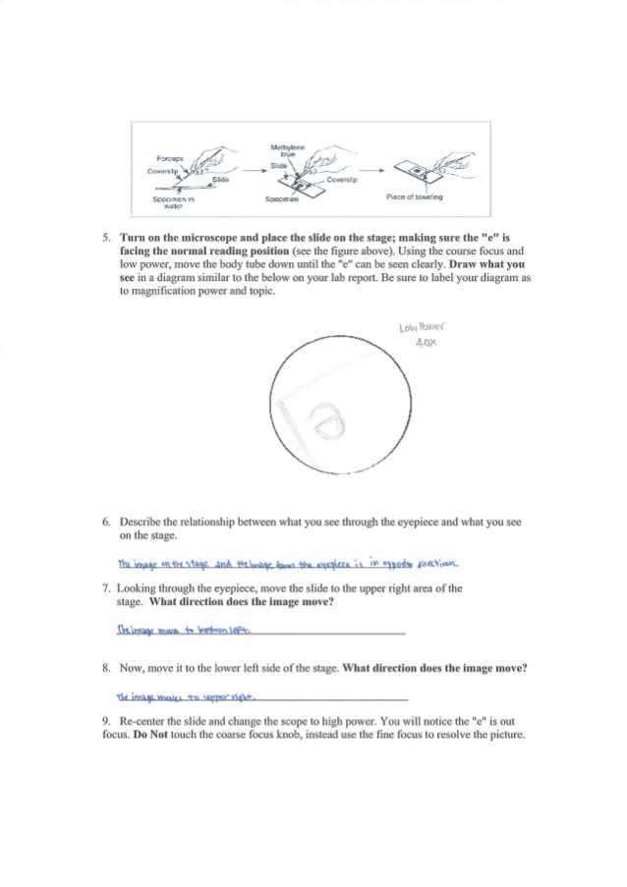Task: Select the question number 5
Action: (106, 238)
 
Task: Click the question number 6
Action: (106, 522)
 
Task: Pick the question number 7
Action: (106, 588)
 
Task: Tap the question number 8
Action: (106, 667)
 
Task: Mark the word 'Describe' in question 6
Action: (140, 522)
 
